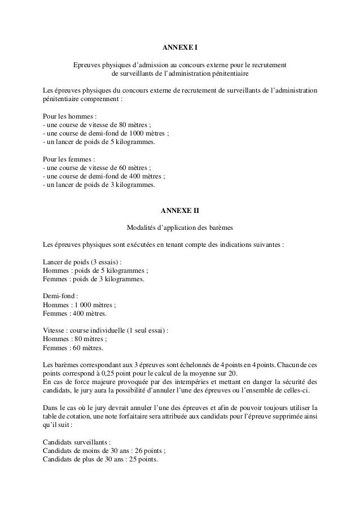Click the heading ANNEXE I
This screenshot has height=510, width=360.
[180, 46]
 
